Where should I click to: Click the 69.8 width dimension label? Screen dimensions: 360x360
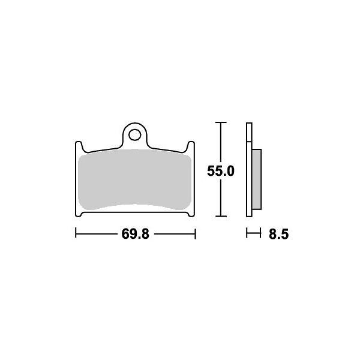point(135,234)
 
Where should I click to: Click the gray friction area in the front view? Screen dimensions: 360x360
point(135,180)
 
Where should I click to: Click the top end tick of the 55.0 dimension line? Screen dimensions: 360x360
point(221,122)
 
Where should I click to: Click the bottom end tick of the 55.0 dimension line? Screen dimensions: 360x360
point(221,216)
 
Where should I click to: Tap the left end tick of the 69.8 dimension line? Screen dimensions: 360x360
point(75,233)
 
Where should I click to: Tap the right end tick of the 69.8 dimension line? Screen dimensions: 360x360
point(196,233)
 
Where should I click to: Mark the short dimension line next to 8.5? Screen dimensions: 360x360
point(253,233)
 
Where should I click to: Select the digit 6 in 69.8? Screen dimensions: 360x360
point(126,234)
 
